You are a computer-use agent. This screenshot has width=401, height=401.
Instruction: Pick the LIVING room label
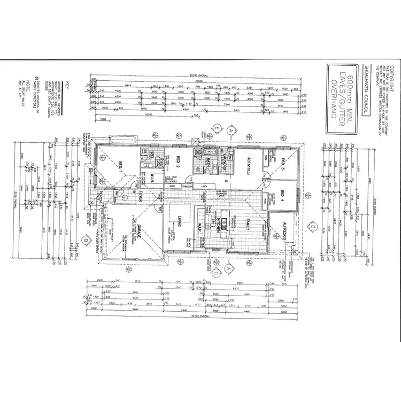pyautogui.click(x=180, y=220)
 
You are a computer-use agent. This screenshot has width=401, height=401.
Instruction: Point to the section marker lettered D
pyautogui.click(x=312, y=227)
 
